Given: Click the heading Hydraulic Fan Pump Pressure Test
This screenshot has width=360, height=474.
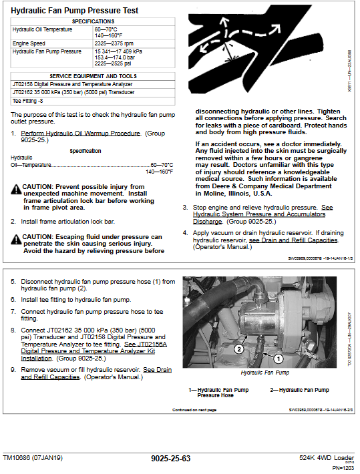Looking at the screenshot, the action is pyautogui.click(x=74, y=11).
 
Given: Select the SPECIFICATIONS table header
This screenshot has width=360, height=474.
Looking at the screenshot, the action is pyautogui.click(x=93, y=21).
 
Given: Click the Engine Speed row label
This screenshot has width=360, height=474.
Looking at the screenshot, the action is pyautogui.click(x=29, y=43).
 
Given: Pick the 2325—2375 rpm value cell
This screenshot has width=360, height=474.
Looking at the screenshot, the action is pyautogui.click(x=114, y=43).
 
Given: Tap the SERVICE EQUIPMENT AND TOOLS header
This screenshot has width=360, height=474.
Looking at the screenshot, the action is pyautogui.click(x=93, y=76).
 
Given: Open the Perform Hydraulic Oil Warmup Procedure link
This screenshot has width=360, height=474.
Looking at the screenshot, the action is pyautogui.click(x=80, y=134).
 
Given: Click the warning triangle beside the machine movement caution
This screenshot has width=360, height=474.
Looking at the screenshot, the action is pyautogui.click(x=16, y=190).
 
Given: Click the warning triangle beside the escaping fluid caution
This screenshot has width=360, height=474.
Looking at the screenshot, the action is pyautogui.click(x=16, y=240).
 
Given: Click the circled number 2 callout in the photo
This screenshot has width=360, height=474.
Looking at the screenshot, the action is pyautogui.click(x=239, y=349).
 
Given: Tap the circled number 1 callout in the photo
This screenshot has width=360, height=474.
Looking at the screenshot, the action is pyautogui.click(x=279, y=359).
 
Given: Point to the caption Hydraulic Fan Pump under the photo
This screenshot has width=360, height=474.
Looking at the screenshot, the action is pyautogui.click(x=265, y=373).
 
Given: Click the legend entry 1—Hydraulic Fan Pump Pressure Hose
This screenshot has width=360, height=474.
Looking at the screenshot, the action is pyautogui.click(x=218, y=393).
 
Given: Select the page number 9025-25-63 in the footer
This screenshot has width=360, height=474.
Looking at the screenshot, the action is pyautogui.click(x=171, y=459).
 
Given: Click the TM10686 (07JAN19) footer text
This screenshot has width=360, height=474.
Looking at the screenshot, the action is pyautogui.click(x=33, y=458).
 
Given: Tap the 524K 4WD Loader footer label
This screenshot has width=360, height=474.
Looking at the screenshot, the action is pyautogui.click(x=327, y=458).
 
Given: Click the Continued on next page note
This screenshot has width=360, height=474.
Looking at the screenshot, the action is pyautogui.click(x=194, y=410).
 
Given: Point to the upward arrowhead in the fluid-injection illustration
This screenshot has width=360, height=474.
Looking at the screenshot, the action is pyautogui.click(x=224, y=21).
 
